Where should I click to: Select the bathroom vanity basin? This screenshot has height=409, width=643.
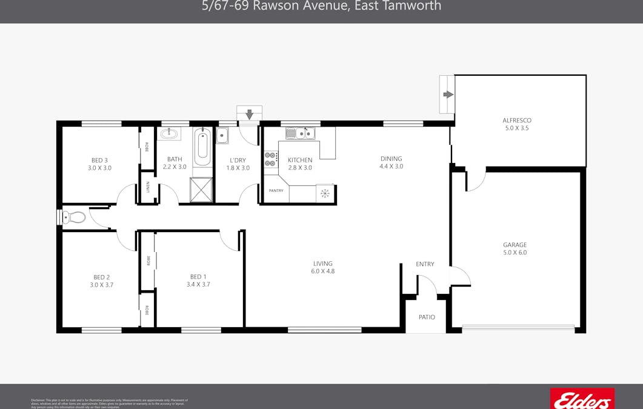[168, 133]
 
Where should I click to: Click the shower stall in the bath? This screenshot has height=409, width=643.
[201, 190]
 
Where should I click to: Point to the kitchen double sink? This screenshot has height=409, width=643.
[300, 133]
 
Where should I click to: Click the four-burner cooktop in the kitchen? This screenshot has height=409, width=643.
[270, 159]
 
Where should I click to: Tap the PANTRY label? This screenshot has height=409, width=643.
[276, 191]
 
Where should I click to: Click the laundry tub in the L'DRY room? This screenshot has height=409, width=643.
[222, 135]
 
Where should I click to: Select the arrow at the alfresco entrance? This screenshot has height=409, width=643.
[448, 94]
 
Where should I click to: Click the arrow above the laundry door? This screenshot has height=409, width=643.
[249, 114]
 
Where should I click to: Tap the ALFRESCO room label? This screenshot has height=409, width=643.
[517, 121]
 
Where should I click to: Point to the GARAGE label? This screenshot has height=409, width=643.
[515, 245]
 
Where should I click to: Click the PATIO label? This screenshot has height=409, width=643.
[427, 317]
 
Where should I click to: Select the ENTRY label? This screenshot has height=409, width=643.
[425, 264]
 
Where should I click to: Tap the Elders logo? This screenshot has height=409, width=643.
[582, 399]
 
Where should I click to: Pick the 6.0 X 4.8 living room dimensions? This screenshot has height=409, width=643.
[323, 271]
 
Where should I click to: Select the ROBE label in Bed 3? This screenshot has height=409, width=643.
[147, 147]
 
